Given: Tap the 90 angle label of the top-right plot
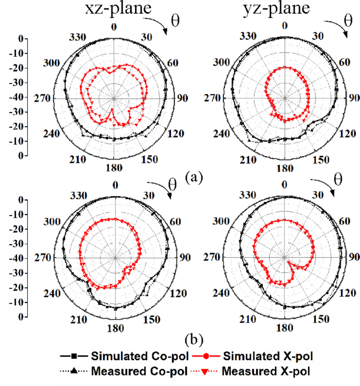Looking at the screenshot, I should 354,98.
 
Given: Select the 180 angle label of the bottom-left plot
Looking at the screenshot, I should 115,328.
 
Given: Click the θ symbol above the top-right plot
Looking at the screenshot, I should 347,21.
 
